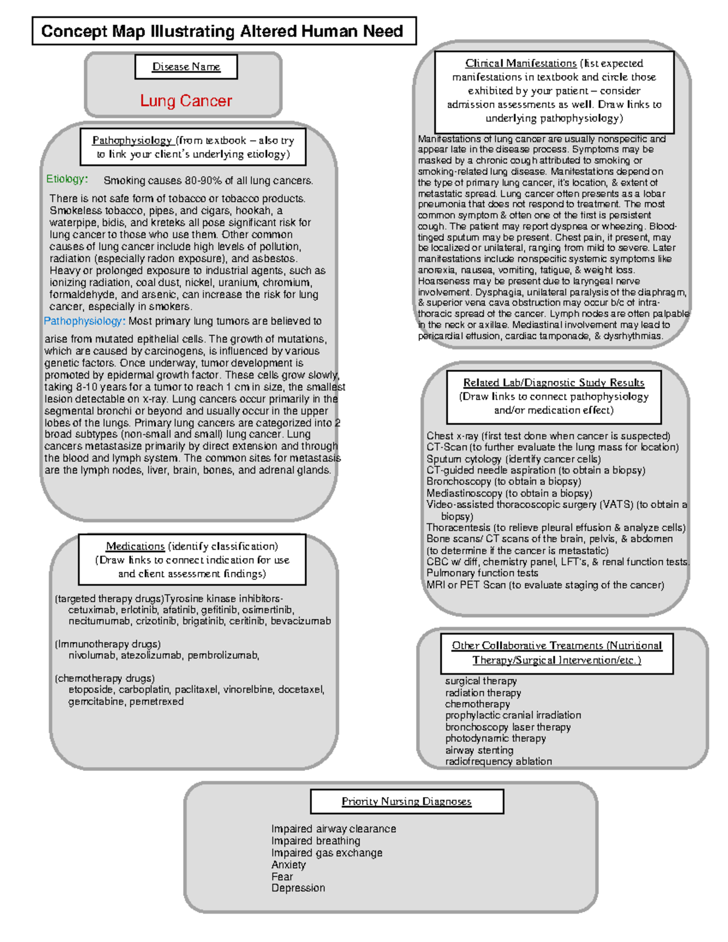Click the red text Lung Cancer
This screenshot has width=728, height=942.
click(186, 101)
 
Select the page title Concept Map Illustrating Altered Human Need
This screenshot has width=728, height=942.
click(222, 31)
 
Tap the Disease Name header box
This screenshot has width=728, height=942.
click(186, 67)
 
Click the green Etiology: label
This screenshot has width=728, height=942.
click(67, 179)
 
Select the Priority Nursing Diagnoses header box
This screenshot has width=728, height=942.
click(406, 801)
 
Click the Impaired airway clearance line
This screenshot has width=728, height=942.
click(333, 829)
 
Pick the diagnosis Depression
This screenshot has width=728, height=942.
click(298, 887)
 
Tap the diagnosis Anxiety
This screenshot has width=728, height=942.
click(288, 864)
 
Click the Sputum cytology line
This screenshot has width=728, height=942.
click(513, 459)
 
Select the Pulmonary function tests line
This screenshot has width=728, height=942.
click(482, 573)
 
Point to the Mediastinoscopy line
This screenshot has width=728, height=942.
click(509, 493)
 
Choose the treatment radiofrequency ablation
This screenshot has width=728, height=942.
click(498, 761)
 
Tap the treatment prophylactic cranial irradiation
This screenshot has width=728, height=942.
click(513, 715)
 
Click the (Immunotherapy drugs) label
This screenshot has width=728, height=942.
click(107, 644)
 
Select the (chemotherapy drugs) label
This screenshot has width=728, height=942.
click(104, 678)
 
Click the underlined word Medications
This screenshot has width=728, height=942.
click(135, 546)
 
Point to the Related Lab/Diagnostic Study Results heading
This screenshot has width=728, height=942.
click(553, 382)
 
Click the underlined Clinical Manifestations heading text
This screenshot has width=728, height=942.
click(521, 63)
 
